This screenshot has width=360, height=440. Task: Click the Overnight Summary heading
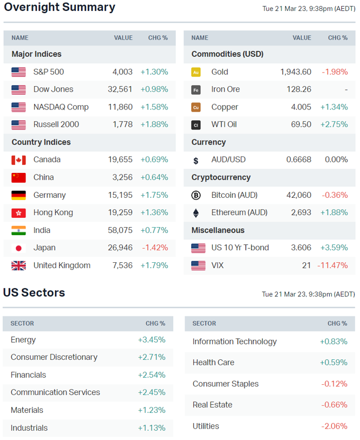(x=60, y=8)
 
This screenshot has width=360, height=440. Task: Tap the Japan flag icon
(x=18, y=248)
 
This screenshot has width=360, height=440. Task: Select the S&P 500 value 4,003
(x=122, y=72)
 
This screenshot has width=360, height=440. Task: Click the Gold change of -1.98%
(x=335, y=72)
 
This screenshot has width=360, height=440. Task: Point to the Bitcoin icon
(x=196, y=195)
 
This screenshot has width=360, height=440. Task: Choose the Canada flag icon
(x=18, y=160)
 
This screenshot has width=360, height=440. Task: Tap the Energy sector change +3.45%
(x=152, y=340)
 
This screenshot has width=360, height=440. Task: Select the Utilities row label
(x=206, y=426)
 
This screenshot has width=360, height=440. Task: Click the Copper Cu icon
(x=196, y=107)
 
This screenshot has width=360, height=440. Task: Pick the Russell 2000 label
(x=56, y=125)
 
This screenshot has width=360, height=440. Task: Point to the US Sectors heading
(x=34, y=293)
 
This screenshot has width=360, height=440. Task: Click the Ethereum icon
(x=196, y=212)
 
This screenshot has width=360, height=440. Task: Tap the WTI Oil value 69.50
(x=301, y=125)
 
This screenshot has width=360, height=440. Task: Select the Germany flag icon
(x=18, y=195)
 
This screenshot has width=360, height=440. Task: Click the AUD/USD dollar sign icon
(x=196, y=160)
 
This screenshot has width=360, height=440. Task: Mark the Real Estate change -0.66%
(x=334, y=405)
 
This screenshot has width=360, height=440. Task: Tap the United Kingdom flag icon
(x=18, y=266)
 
